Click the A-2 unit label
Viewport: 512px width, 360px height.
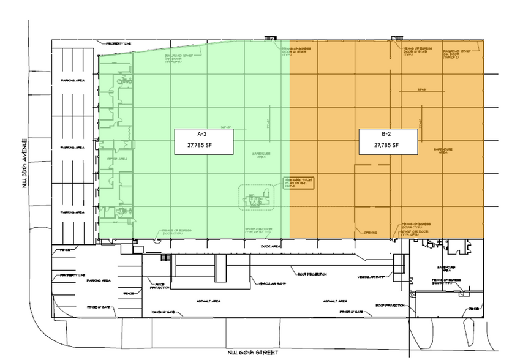200,133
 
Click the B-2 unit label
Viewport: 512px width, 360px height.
387,133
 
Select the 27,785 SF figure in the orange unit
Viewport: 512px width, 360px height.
387,145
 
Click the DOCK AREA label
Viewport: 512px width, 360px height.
270,246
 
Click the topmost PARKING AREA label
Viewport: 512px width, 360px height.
71,81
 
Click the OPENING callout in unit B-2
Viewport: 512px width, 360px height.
371,233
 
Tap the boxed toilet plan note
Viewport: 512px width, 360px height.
297,182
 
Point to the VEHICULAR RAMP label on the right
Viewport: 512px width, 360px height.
371,276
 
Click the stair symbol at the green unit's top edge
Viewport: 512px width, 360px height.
269,39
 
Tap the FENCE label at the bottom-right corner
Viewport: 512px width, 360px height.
473,309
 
